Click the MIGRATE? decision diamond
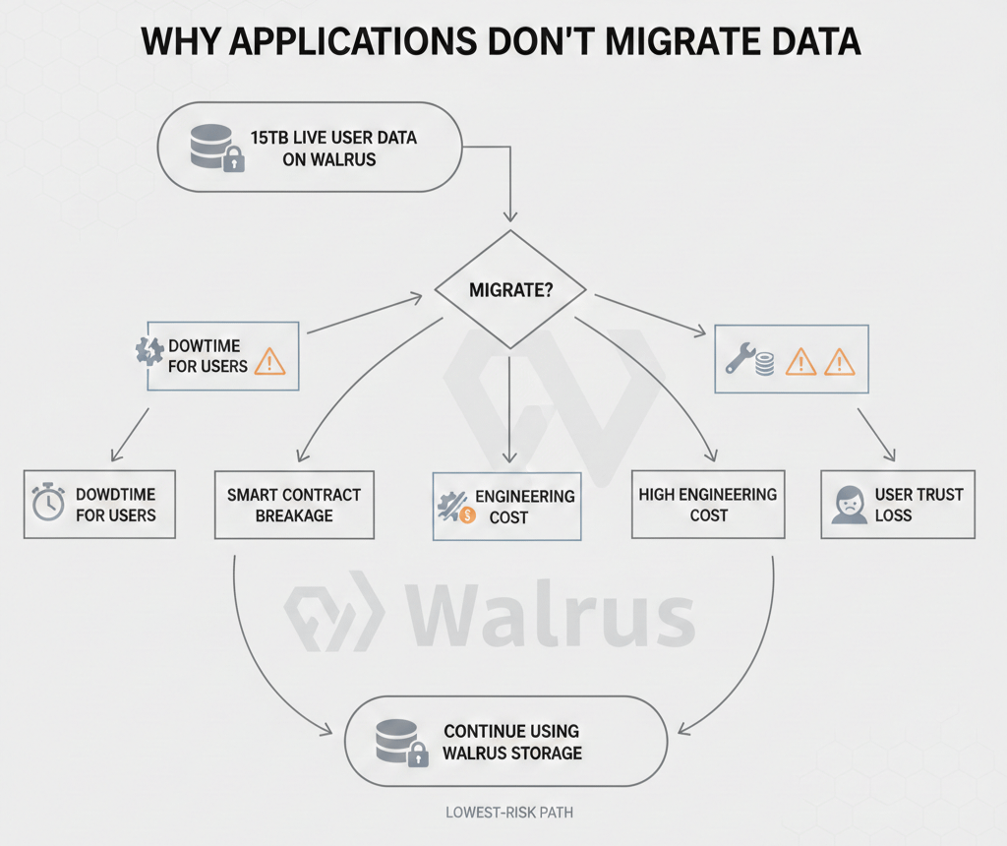point(509,290)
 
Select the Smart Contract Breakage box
point(294,505)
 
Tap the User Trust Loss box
point(897,504)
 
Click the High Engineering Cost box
point(707,504)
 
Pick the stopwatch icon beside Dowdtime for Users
point(47,503)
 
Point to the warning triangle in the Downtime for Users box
point(268,362)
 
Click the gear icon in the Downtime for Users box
point(148,353)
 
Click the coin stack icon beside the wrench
point(765,363)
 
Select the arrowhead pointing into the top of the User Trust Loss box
point(891,455)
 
